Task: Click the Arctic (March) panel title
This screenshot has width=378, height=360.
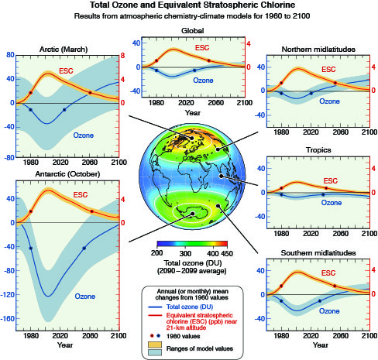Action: tap(64, 50)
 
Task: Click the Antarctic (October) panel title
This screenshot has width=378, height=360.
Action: tap(67, 174)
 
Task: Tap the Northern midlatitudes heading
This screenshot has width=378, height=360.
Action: tap(318, 50)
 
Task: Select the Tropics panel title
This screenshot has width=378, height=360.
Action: tap(318, 150)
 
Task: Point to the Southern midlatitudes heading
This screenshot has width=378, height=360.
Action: tap(318, 253)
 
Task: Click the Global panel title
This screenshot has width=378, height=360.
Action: tap(193, 31)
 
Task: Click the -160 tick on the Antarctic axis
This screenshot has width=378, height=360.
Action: tap(7, 319)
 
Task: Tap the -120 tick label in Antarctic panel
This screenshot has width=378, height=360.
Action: tap(7, 295)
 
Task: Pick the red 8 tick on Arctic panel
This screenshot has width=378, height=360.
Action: tap(122, 56)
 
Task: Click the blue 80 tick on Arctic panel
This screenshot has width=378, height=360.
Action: tap(10, 55)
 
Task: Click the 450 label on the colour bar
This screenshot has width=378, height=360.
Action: tap(227, 253)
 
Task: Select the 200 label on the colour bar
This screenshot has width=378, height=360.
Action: tap(157, 253)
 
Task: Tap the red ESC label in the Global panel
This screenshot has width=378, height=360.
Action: tap(202, 48)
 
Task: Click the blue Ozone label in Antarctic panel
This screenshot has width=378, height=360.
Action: tap(85, 297)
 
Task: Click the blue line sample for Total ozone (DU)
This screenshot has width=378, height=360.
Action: tap(155, 307)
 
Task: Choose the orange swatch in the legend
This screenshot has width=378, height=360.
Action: tap(155, 345)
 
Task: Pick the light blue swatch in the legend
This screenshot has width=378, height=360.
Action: tap(155, 352)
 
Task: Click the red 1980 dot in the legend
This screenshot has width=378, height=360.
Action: tap(153, 336)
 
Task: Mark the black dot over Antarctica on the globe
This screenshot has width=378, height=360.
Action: tap(192, 214)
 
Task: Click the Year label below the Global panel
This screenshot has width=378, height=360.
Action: tap(193, 113)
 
